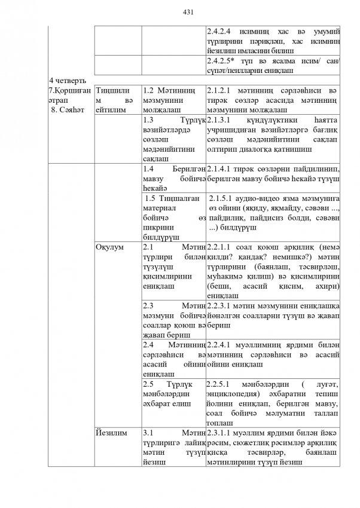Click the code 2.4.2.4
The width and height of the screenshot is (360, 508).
pyautogui.click(x=221, y=30)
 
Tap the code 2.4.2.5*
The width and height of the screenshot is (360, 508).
pyautogui.click(x=222, y=61)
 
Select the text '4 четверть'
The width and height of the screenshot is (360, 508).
pyautogui.click(x=68, y=80)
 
